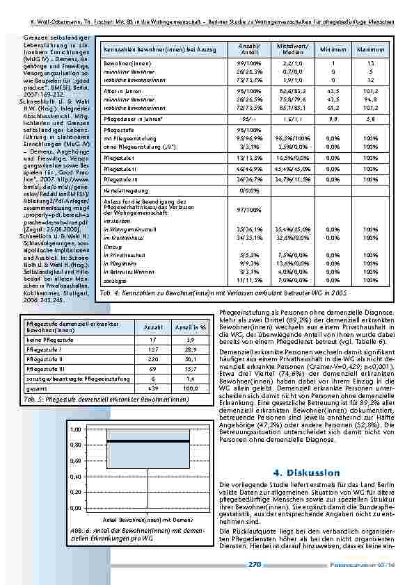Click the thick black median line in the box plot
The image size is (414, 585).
(x=148, y=422)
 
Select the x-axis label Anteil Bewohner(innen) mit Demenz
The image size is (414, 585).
(x=148, y=519)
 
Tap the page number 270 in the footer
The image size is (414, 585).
(x=253, y=566)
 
